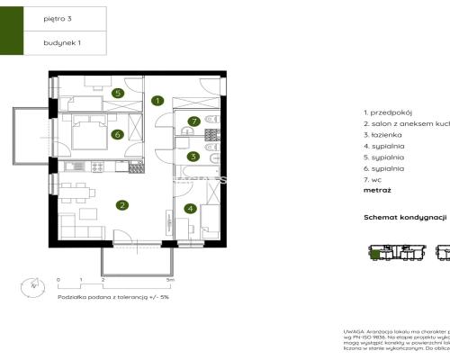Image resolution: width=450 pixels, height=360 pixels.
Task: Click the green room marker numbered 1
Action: point(157,101)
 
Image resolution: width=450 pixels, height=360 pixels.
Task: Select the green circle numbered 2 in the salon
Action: point(120,205)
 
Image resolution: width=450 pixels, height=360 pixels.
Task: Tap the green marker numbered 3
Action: point(193,157)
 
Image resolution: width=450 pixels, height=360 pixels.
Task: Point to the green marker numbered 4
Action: point(191,209)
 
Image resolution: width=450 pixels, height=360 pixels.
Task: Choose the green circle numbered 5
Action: point(117,93)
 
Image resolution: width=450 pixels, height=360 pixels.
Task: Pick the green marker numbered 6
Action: point(117,135)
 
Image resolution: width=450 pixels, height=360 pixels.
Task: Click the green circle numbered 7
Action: point(193,121)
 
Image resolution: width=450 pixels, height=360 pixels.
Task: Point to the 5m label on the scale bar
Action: point(157,281)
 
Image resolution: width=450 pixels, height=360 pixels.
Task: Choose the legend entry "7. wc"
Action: point(373,178)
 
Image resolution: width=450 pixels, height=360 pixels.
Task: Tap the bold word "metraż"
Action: point(376,190)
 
